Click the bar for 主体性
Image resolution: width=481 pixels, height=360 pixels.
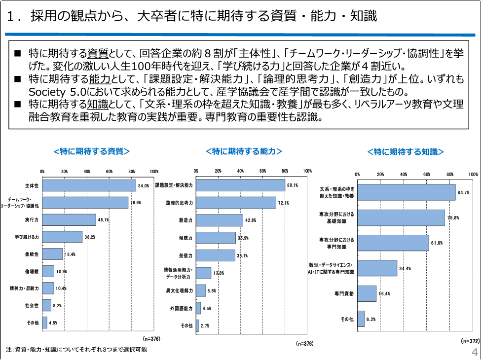click(x=89, y=185)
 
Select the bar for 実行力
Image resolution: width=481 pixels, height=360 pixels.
click(x=69, y=219)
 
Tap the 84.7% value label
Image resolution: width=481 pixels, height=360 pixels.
click(x=463, y=192)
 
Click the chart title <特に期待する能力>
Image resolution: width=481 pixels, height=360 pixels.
click(x=244, y=151)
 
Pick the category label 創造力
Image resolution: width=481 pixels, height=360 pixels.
click(x=185, y=220)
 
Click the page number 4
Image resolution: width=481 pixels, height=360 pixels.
click(x=474, y=353)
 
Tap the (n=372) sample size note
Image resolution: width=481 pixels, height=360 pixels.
click(x=470, y=341)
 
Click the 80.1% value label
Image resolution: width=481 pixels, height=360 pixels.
click(x=293, y=185)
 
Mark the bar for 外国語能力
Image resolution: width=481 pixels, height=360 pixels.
click(x=198, y=308)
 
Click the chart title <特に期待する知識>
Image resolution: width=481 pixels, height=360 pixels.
click(x=406, y=151)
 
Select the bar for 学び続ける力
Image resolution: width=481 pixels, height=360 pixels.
click(x=62, y=237)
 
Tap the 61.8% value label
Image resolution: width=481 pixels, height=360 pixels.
click(x=437, y=243)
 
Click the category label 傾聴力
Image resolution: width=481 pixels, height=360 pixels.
click(x=185, y=238)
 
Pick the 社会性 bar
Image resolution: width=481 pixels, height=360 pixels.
click(x=47, y=305)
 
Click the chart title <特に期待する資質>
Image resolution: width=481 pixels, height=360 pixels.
click(x=91, y=151)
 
